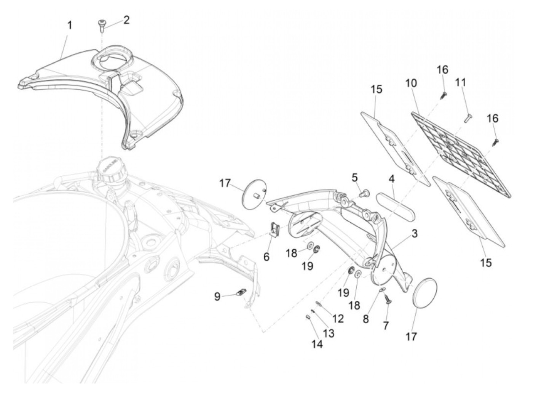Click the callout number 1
(69, 26)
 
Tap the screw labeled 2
(101, 26)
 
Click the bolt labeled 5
(365, 194)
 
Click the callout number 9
(217, 296)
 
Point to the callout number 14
(317, 344)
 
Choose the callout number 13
(329, 333)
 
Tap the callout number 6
(266, 257)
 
